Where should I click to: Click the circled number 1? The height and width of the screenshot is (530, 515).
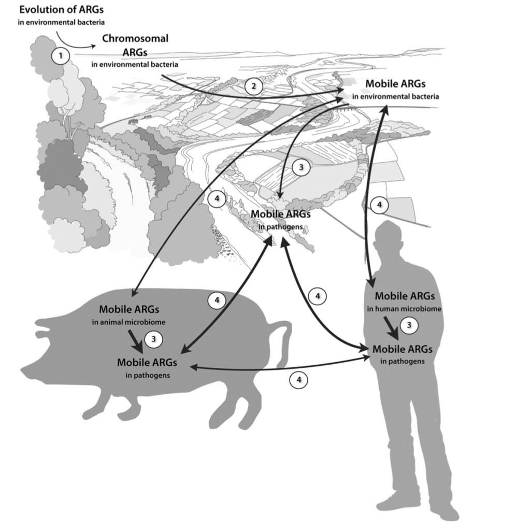[x=61, y=56]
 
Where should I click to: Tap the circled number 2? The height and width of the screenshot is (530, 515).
[x=253, y=85]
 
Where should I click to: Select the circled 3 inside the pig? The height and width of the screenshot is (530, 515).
[x=153, y=339]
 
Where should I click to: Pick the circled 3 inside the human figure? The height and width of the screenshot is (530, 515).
[x=409, y=325]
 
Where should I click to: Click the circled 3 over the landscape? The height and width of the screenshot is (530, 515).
[x=301, y=167]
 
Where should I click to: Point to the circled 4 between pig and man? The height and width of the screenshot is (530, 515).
[x=298, y=380]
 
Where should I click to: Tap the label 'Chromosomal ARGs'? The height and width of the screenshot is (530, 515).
[x=135, y=46]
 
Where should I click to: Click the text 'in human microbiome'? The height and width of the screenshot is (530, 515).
[x=404, y=309]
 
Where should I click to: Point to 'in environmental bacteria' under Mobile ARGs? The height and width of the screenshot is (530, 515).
[x=396, y=96]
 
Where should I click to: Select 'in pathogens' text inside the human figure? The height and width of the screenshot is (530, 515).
[x=403, y=361]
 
